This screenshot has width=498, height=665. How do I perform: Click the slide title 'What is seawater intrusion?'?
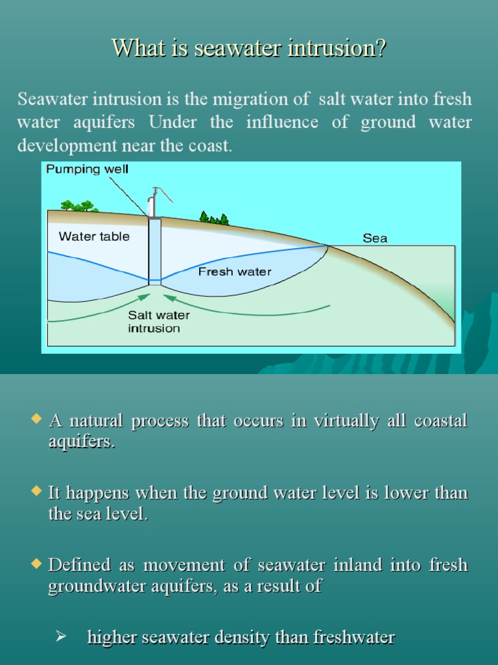(249, 48)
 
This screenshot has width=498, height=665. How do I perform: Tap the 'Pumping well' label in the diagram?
(88, 169)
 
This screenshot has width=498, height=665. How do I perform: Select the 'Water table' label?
(94, 236)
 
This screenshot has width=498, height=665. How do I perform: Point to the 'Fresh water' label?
(235, 271)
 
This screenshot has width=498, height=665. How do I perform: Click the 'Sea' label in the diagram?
(375, 238)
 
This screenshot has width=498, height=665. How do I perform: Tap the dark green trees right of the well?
(214, 218)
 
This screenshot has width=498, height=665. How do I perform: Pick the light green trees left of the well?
(79, 207)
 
